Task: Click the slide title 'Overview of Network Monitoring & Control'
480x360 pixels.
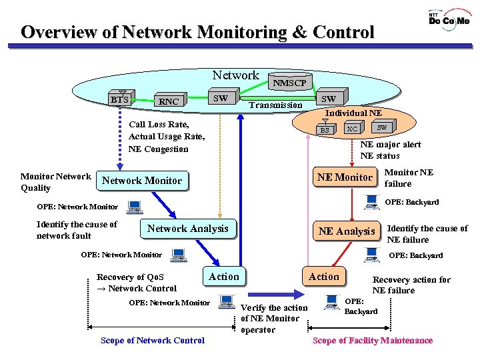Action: [197, 32]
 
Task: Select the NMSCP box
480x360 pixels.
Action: [289, 83]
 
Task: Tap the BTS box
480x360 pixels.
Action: [120, 100]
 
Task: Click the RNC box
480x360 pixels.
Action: [169, 101]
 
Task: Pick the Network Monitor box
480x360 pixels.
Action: [141, 181]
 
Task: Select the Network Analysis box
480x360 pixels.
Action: [187, 229]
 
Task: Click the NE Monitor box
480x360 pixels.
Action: [345, 177]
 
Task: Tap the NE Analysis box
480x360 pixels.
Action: [346, 231]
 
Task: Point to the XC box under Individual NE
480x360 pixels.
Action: [353, 129]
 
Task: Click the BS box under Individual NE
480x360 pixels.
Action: [325, 130]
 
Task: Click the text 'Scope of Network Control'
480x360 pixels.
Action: [153, 341]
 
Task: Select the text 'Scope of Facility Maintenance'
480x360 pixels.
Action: [373, 341]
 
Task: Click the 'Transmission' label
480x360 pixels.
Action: [275, 105]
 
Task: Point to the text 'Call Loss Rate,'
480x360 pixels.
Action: [159, 125]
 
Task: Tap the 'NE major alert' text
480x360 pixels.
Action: [391, 144]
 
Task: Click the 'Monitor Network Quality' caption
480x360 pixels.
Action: [55, 182]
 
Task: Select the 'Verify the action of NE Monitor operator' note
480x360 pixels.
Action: [274, 319]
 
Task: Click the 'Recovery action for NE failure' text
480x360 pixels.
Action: [411, 285]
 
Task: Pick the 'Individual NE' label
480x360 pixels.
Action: [353, 113]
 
